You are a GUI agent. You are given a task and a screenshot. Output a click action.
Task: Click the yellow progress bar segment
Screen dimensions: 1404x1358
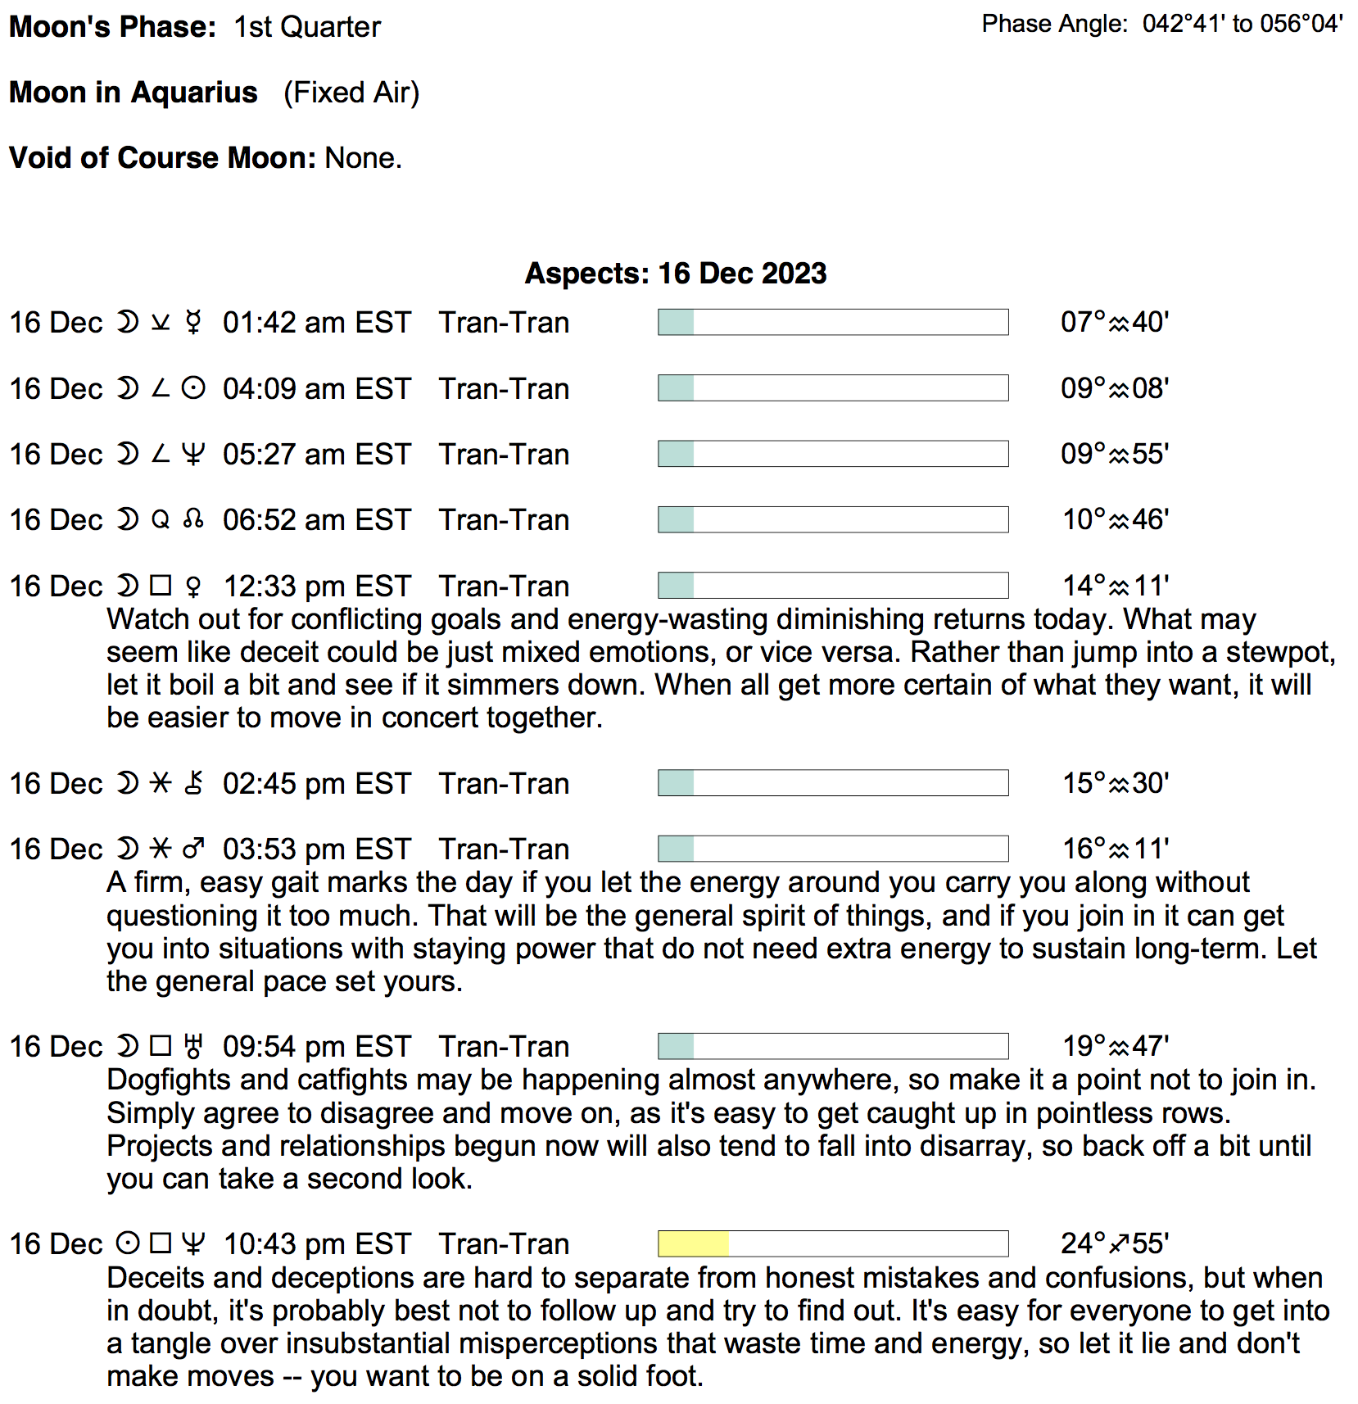pos(693,1243)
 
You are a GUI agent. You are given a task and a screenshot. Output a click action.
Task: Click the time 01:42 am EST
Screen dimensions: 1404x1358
pos(316,323)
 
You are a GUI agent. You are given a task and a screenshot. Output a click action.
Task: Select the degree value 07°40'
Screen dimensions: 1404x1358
pos(1114,323)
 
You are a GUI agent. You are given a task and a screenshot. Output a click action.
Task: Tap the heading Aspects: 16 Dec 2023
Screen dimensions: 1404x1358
pos(676,274)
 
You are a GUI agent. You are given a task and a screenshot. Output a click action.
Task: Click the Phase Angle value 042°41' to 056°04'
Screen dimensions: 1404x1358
pos(1243,24)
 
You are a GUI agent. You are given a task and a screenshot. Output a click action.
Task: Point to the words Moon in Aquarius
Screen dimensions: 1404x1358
pos(134,93)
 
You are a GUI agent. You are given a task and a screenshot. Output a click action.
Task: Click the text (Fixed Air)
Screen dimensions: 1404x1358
pos(351,93)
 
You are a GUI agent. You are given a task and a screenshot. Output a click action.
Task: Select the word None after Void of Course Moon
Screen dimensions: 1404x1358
pos(363,157)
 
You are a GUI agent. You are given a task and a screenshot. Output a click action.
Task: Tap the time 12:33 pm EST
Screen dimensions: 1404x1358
pos(316,587)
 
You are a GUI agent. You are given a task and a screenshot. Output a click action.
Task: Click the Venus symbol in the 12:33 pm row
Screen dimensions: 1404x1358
pos(193,587)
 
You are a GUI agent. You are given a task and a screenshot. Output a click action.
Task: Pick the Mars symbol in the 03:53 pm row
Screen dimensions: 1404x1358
pos(193,849)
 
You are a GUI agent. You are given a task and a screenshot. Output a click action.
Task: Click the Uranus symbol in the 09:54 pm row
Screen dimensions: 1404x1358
pos(193,1047)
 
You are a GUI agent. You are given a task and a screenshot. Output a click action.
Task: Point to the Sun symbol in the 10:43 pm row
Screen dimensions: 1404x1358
pos(127,1244)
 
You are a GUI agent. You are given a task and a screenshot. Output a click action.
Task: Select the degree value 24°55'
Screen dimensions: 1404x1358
pos(1114,1244)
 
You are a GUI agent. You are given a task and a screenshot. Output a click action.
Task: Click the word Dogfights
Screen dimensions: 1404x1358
pos(169,1080)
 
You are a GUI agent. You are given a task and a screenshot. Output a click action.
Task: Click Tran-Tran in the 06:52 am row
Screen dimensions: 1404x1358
pos(504,520)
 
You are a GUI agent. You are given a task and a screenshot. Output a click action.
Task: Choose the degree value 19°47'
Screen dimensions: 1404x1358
pos(1115,1047)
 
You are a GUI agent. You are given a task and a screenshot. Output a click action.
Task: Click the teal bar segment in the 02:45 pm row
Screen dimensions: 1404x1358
pos(677,783)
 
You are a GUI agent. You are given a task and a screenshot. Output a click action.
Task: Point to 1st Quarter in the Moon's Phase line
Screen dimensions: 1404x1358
pos(307,27)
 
